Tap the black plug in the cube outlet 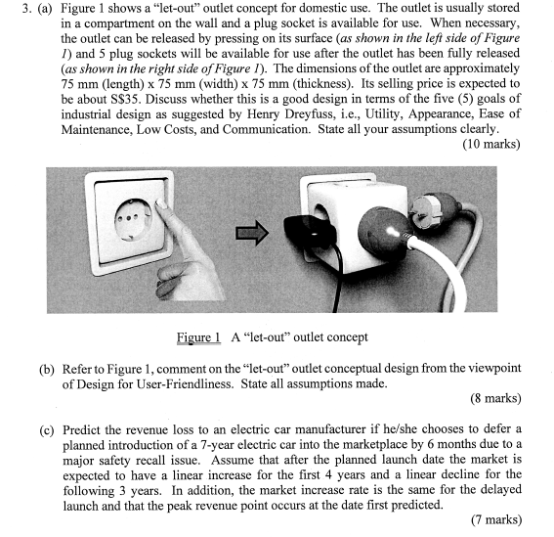point(311,236)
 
